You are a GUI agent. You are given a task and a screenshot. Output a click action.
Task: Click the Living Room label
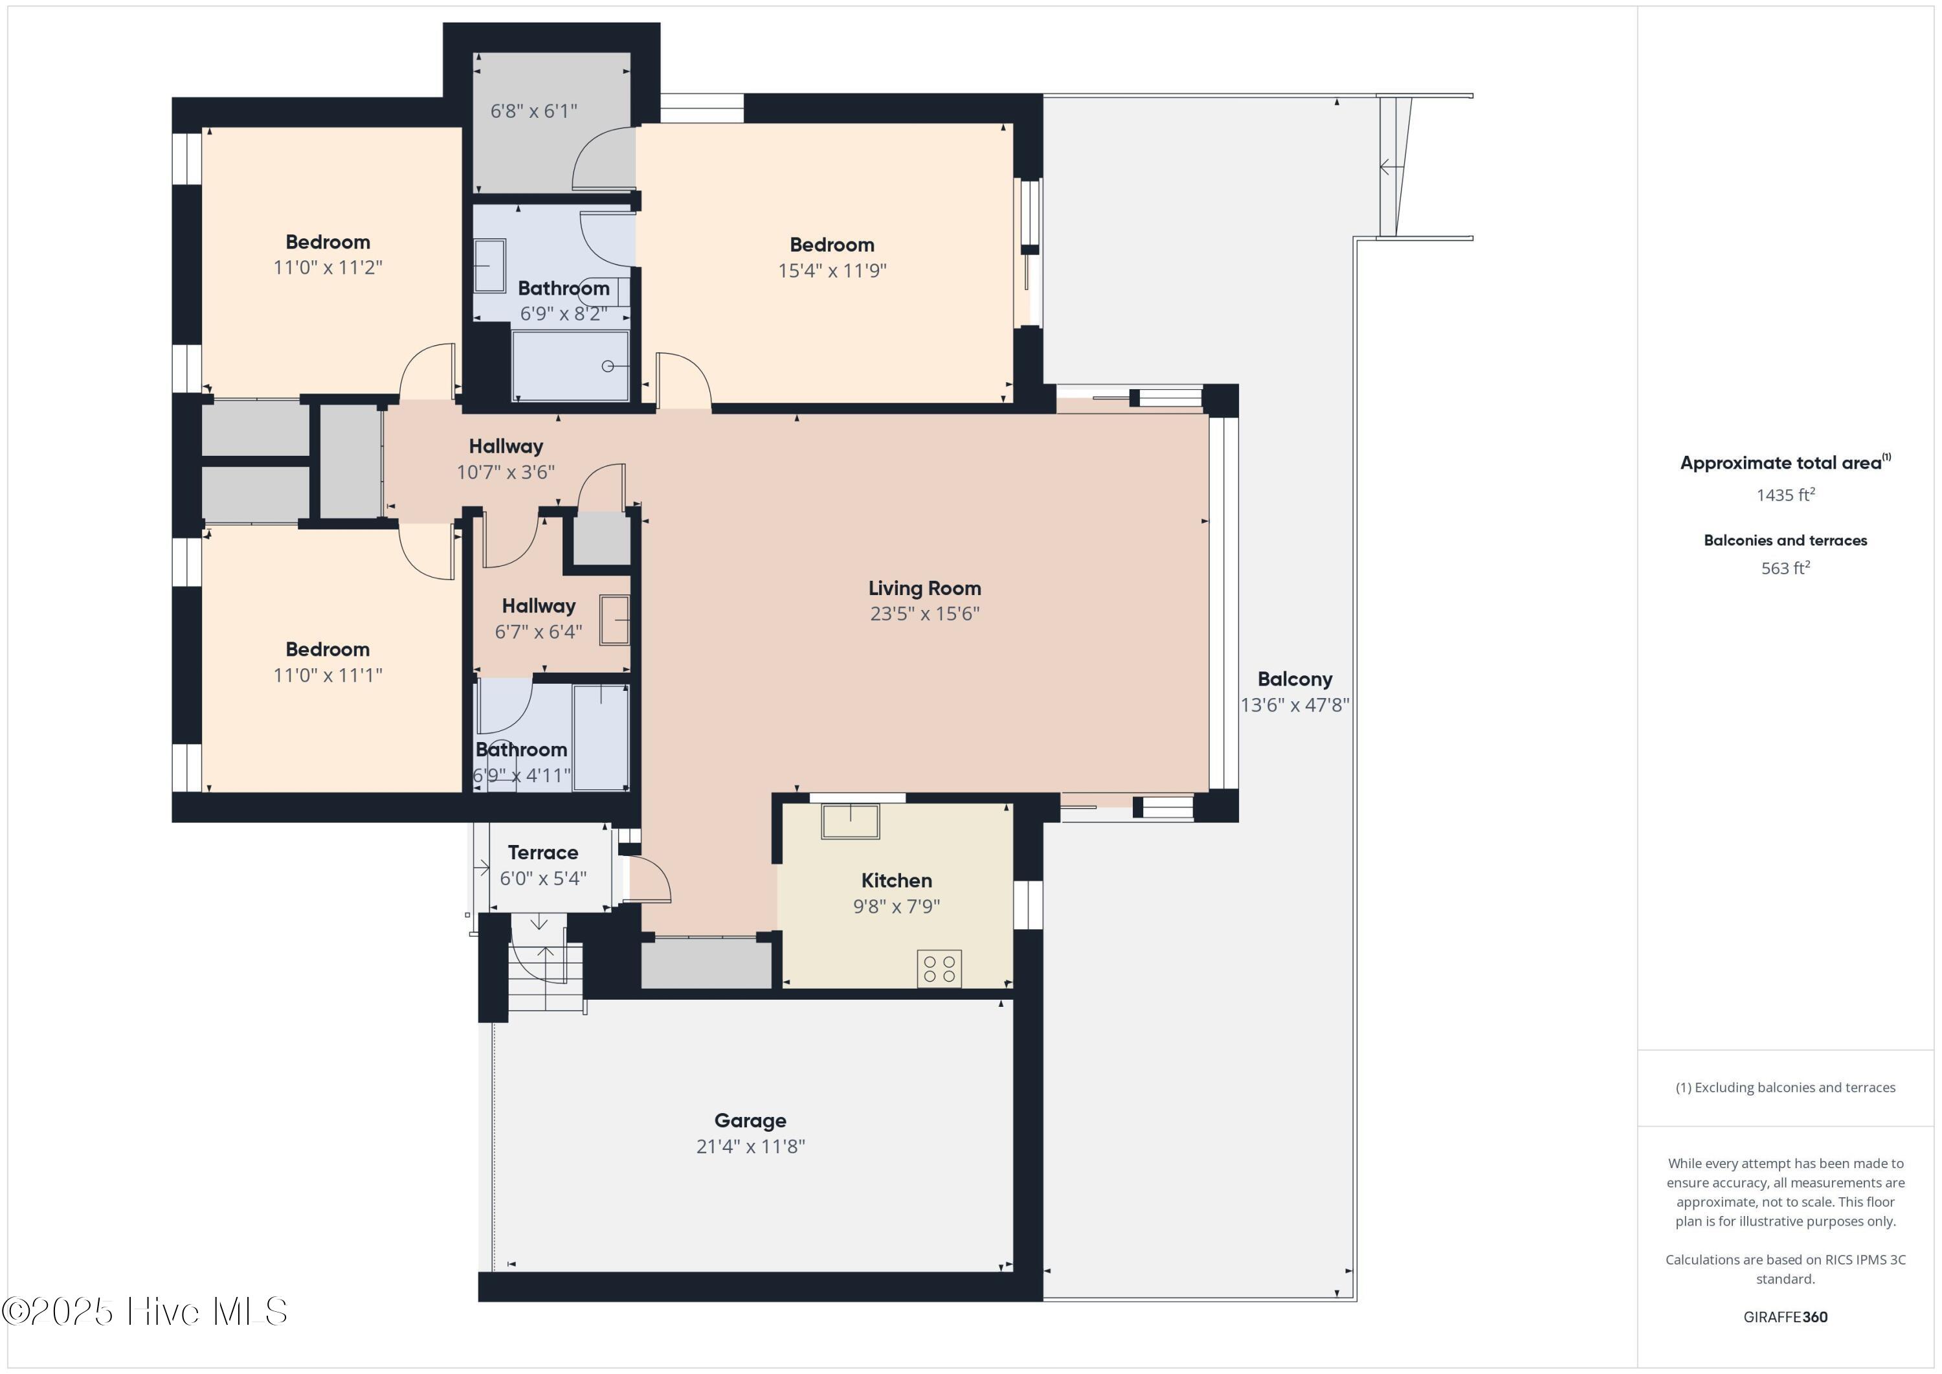[924, 588]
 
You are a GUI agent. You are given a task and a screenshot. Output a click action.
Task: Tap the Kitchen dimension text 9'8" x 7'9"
[897, 906]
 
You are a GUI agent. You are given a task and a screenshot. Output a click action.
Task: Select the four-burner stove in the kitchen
[939, 969]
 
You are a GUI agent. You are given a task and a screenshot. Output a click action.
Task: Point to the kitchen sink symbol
[850, 820]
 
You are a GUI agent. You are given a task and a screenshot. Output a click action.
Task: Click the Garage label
[750, 1120]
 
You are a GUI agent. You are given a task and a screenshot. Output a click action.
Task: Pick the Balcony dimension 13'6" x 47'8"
[1295, 704]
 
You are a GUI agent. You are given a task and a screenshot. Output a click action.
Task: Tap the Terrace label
[543, 852]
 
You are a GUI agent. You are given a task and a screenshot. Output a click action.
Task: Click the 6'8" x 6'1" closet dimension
[533, 111]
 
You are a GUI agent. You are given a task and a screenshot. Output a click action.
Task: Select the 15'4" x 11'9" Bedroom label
[832, 245]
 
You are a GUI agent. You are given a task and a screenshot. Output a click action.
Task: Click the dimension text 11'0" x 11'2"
[328, 267]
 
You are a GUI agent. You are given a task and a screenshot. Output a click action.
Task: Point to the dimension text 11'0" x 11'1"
[328, 675]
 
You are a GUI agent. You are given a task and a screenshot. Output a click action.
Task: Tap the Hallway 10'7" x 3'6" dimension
[506, 472]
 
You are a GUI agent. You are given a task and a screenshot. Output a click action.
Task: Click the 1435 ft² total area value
[1785, 494]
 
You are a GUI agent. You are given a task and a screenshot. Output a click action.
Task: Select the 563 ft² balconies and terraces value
[1785, 568]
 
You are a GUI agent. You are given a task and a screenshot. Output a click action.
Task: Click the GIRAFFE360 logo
[1785, 1316]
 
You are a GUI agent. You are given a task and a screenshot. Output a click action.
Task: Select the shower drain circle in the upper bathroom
[607, 366]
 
